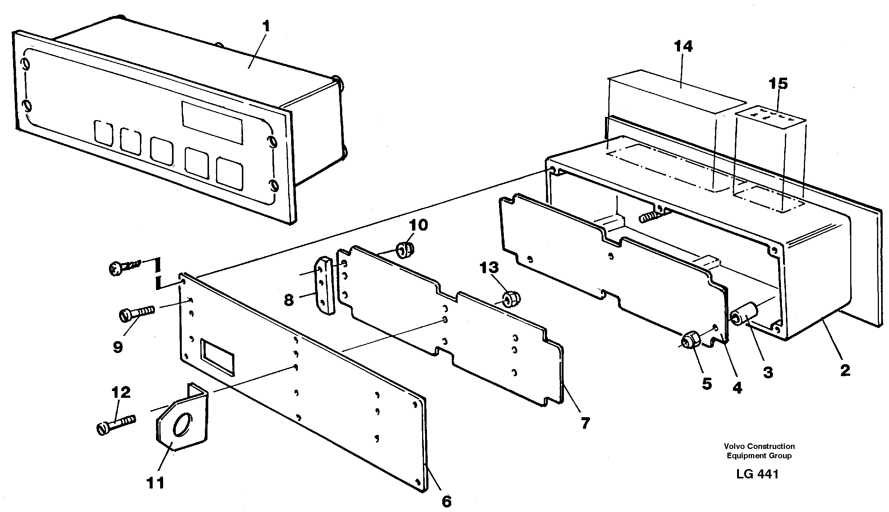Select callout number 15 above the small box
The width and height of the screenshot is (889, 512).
pos(778,84)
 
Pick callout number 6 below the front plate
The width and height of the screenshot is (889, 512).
pos(446,501)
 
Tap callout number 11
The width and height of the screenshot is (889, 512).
pos(155,483)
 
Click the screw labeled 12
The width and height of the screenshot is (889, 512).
pos(116,424)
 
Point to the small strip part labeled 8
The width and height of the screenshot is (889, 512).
pos(325,291)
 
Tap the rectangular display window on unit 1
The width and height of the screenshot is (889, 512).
pos(212,122)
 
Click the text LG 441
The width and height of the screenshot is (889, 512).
pos(757,474)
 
